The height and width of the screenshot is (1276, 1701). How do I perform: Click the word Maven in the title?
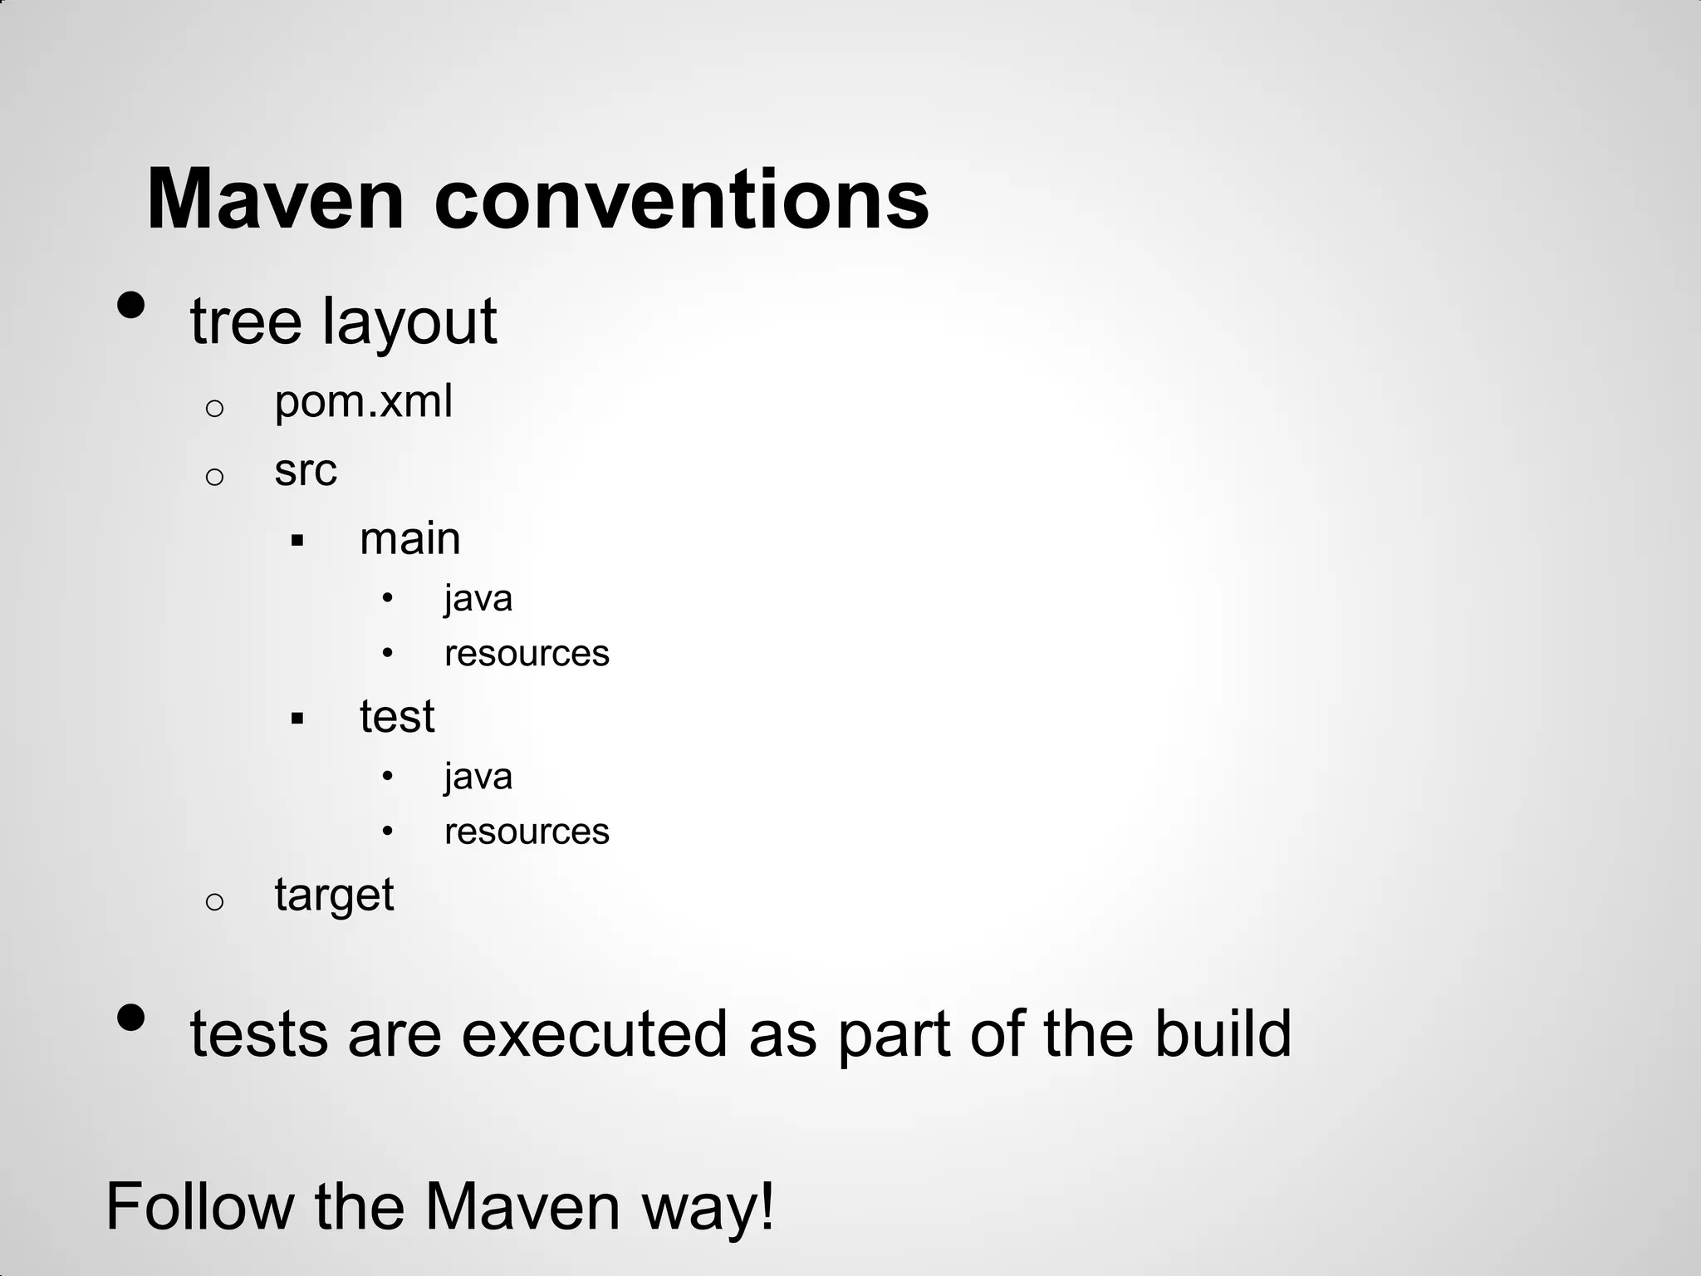(275, 200)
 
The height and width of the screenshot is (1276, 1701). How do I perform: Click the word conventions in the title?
(681, 200)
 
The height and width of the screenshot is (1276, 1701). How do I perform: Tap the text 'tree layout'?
(343, 321)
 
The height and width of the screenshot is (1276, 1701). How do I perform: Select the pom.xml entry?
(363, 402)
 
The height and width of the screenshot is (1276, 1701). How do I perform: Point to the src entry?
(306, 471)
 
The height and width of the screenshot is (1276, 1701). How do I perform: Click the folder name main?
(409, 539)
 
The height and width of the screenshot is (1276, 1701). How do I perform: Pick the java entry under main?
(478, 599)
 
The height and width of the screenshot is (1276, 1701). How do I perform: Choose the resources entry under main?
(527, 654)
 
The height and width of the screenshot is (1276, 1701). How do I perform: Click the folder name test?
(397, 716)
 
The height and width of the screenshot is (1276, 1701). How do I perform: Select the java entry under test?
(478, 777)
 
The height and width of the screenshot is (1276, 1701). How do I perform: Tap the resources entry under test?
(527, 832)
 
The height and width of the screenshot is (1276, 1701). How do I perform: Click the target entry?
(334, 896)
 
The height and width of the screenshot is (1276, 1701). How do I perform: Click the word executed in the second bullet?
(594, 1034)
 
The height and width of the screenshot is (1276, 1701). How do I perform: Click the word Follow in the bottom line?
(200, 1207)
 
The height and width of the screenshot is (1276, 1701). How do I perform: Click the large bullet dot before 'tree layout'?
(131, 306)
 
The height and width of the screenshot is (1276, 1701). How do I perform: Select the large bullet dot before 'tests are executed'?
(131, 1018)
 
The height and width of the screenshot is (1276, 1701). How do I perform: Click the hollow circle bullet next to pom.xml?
(214, 408)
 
